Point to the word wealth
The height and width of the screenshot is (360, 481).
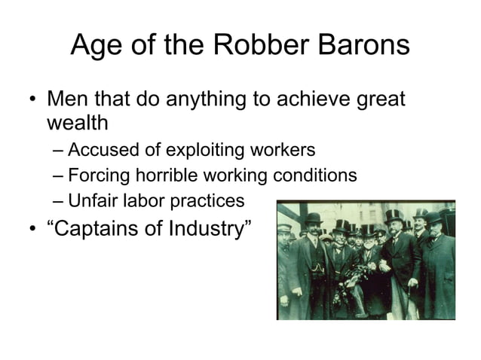78,123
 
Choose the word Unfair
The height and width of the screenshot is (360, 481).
90,201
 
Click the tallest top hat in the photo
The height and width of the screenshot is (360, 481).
392,217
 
